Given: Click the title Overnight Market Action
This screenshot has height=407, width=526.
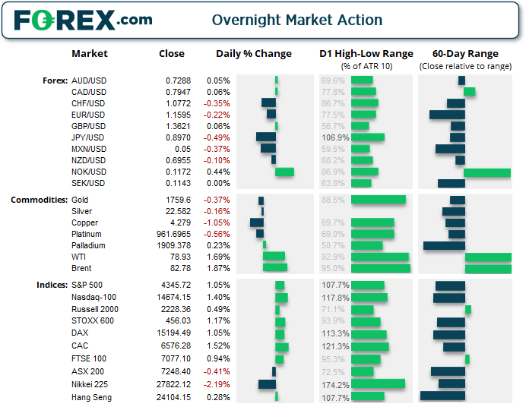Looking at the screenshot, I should [296, 21].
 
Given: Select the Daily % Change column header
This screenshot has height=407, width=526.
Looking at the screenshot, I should [253, 54].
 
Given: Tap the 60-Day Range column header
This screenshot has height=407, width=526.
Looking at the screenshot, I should [465, 54].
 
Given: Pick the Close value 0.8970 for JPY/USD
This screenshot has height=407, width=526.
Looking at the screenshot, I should [178, 137].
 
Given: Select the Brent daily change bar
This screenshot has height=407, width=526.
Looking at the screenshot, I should [275, 268].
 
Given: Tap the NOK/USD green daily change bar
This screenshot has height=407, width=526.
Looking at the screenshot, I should [284, 172].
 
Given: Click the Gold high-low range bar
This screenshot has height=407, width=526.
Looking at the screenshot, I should [378, 200].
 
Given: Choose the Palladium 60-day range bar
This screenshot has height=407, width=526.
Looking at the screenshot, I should [444, 245].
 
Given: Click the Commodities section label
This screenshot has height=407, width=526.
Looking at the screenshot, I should [39, 200].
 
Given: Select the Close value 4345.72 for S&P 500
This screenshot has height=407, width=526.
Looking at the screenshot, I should [176, 285].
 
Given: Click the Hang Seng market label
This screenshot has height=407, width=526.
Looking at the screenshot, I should [91, 397].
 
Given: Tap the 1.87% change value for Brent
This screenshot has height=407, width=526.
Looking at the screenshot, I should [218, 268].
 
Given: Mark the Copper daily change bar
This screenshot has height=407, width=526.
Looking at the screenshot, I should [257, 222].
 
